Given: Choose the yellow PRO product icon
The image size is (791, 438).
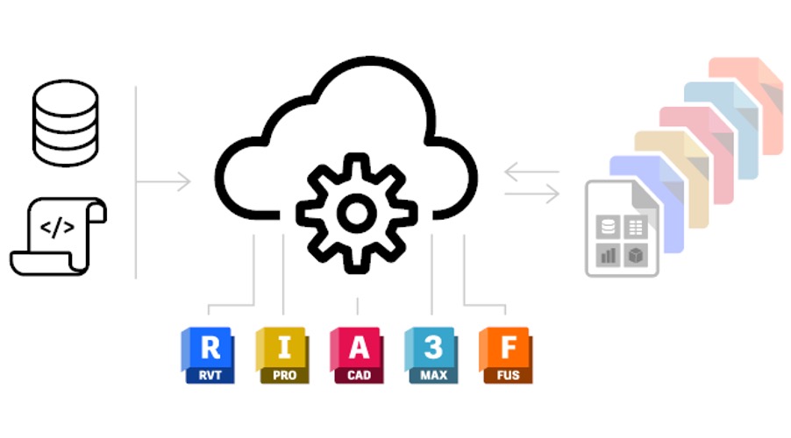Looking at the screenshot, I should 281,356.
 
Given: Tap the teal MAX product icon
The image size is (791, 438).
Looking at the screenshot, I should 431,356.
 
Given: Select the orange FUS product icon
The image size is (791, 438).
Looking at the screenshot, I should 505,356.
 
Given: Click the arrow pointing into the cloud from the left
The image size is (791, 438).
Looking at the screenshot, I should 167,183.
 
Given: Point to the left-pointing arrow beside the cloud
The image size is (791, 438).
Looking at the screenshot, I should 531,172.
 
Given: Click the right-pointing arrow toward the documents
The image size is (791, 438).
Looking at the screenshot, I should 531,195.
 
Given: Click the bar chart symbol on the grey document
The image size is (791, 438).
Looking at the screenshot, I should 609,254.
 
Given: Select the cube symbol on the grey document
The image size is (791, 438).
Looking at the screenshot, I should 636,254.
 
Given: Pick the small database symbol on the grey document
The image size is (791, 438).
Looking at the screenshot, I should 609,229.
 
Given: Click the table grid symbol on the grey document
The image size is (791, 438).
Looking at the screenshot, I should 636,229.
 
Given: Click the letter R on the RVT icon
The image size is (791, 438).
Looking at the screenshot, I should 210,348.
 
